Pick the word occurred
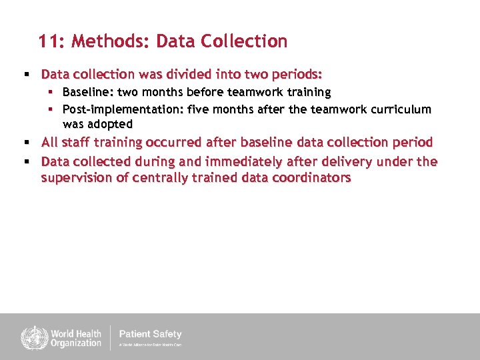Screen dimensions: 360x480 coord(175,142)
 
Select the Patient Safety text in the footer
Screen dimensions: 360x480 coord(150,334)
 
